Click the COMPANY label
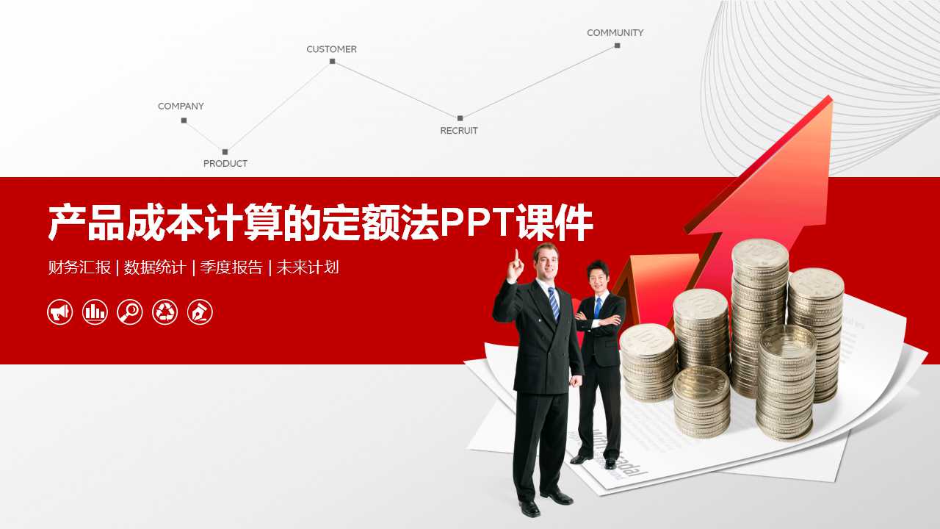click(x=181, y=107)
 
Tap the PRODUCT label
click(x=225, y=164)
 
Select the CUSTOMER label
click(x=331, y=49)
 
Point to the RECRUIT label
click(x=459, y=131)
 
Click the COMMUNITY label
click(x=615, y=33)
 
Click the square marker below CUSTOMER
click(x=333, y=61)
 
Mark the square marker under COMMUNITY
click(x=618, y=46)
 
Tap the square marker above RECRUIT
click(x=460, y=118)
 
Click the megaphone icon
click(x=60, y=312)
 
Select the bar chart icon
click(x=95, y=312)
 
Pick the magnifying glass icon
click(x=130, y=312)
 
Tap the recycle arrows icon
click(x=164, y=312)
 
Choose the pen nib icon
click(x=200, y=312)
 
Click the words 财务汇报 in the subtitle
click(x=79, y=267)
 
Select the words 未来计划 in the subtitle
click(x=308, y=267)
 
